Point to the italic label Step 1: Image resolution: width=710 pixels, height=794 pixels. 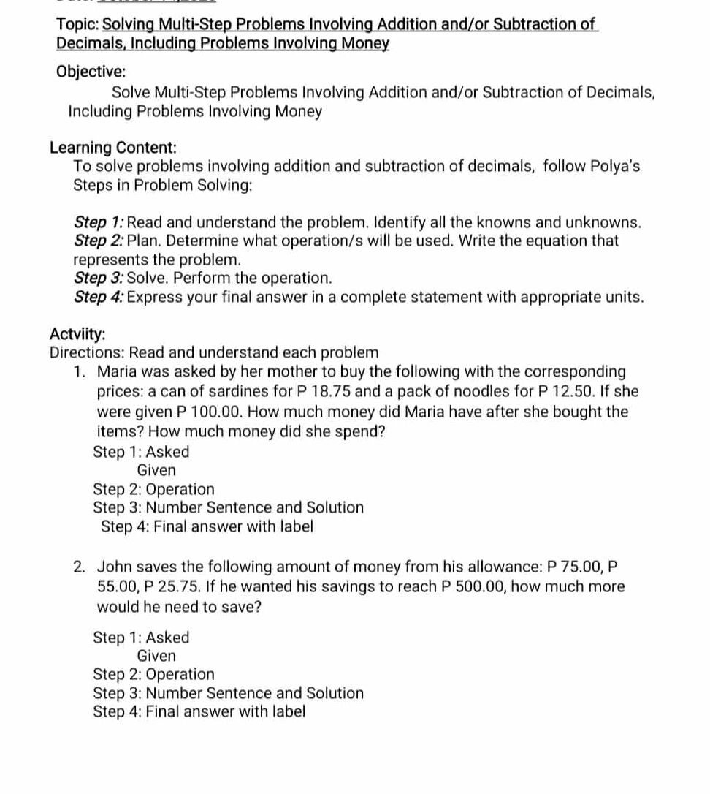pyautogui.click(x=102, y=222)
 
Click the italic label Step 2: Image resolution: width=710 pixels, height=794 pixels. pyautogui.click(x=102, y=241)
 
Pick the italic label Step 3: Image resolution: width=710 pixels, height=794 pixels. pyautogui.click(x=102, y=279)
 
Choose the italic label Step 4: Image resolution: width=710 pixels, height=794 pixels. pyautogui.click(x=102, y=298)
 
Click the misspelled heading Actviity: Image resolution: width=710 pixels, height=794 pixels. pyautogui.click(x=77, y=334)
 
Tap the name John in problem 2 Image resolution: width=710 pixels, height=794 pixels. pyautogui.click(x=114, y=567)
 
